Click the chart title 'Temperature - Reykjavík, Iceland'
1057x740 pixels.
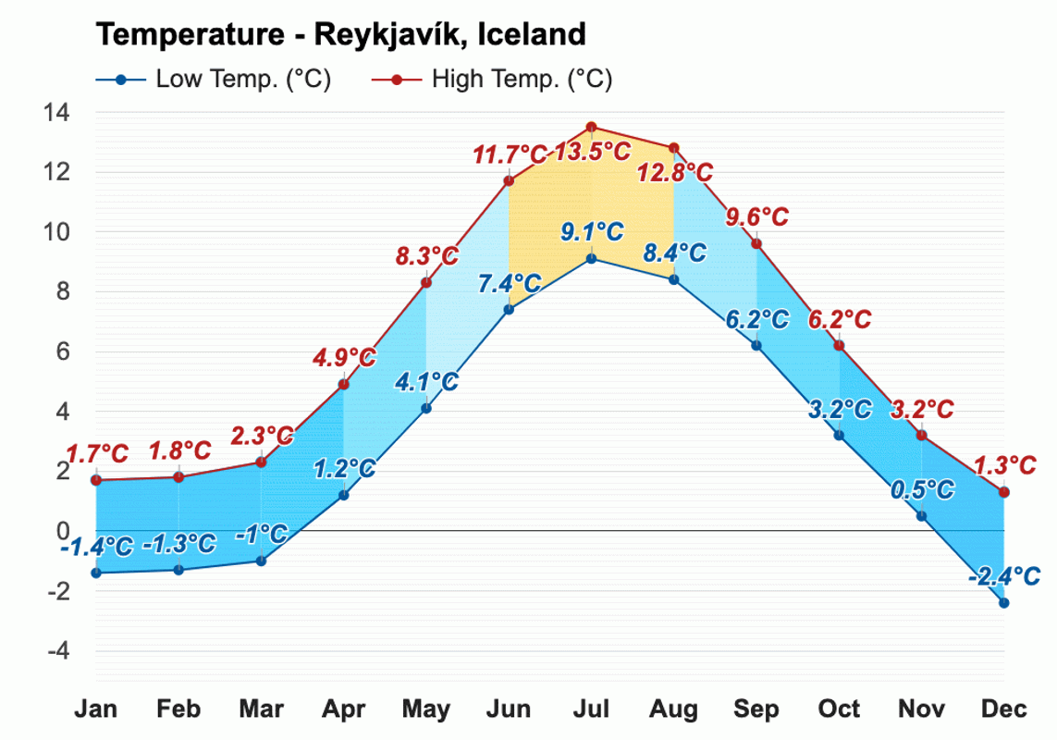(340, 34)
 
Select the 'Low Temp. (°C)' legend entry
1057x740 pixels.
(213, 80)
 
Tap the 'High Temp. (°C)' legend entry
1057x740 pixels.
(492, 80)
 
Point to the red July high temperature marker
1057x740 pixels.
(591, 128)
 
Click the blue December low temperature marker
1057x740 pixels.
(1003, 603)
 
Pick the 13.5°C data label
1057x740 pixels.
(592, 151)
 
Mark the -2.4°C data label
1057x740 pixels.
(1004, 576)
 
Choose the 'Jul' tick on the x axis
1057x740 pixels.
(591, 709)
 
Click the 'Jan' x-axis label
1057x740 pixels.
(96, 709)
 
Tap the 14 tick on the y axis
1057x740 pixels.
(56, 113)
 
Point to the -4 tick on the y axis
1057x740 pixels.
(56, 651)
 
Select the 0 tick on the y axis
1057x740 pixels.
(63, 532)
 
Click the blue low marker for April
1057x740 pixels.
(343, 495)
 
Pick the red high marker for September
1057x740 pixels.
(756, 243)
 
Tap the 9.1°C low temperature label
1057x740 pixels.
(592, 232)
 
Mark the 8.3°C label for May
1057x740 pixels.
(427, 256)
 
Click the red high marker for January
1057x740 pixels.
(96, 480)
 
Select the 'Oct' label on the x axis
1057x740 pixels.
(839, 709)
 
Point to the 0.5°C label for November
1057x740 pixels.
(922, 490)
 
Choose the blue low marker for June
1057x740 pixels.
(509, 309)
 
